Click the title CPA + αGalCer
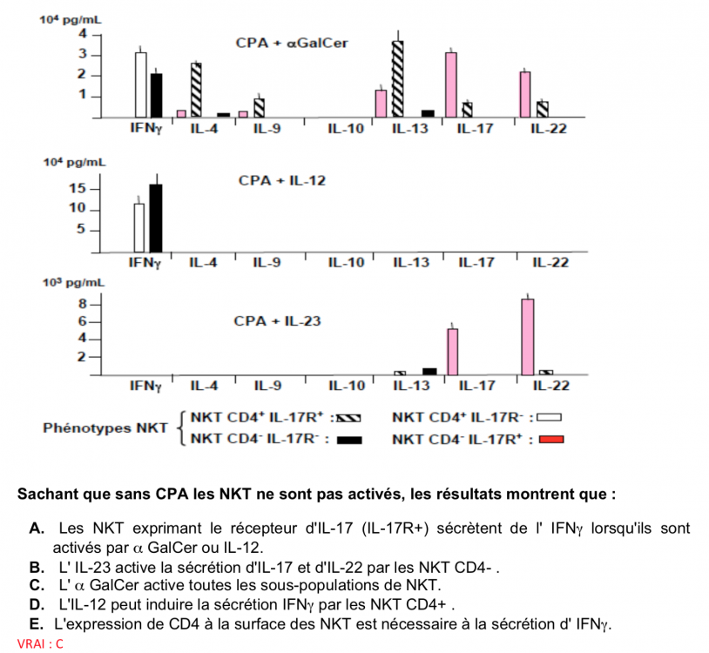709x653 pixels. pos(292,43)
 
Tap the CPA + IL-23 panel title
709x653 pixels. pos(277,321)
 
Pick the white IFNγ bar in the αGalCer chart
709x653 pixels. pos(140,84)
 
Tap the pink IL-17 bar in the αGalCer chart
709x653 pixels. pos(451,84)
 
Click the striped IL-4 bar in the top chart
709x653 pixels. pos(196,90)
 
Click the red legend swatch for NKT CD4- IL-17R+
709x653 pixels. pos(550,439)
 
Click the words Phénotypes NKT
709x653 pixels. pos(105,428)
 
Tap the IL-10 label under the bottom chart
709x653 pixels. pos(346,385)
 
